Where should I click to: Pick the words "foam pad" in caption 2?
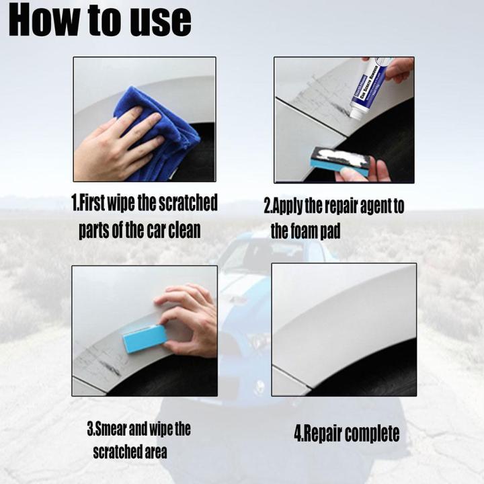click(320, 231)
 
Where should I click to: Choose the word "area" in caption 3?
click(152, 451)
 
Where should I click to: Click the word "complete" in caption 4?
click(370, 433)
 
